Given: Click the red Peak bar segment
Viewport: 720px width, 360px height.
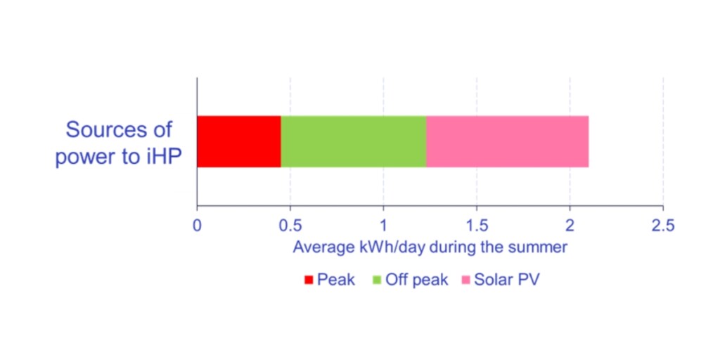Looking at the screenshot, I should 239,141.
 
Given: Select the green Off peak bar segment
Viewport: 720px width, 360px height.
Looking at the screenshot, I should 353,141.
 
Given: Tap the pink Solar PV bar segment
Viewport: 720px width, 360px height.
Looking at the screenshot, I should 507,141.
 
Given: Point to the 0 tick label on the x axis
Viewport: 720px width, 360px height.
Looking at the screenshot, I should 197,226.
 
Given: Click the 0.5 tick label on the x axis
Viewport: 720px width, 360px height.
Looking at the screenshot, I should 290,226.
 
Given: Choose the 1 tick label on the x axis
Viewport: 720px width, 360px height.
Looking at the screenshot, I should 383,226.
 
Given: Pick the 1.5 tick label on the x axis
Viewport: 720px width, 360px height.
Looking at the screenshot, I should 476,226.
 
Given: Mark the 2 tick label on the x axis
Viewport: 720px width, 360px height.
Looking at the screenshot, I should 570,226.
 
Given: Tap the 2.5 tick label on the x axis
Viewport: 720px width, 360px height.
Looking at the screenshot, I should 662,226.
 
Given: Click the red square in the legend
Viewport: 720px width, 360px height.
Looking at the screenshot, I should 308,280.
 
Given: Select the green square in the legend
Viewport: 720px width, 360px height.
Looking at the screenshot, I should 377,280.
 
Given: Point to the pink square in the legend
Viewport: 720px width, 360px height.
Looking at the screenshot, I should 465,280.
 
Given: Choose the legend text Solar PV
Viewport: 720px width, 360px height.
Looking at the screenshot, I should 506,280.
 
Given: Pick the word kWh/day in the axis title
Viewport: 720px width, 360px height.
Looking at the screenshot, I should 378,247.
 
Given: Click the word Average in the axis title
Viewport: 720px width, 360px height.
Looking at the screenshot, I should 319,247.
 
